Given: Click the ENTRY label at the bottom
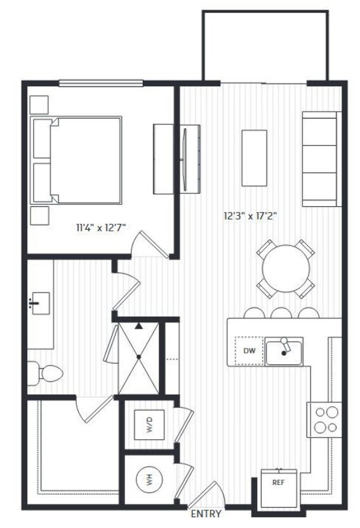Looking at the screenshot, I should [206, 514].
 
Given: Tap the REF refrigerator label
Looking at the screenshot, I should [279, 482].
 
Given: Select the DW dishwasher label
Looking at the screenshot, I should [248, 350].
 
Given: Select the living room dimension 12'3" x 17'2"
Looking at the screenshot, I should [250, 216].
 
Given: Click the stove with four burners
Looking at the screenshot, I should [325, 419].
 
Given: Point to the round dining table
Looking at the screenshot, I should [286, 268].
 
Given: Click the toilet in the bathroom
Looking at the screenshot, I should [43, 372].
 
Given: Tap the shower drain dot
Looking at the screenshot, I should [138, 357].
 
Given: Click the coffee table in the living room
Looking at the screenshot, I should [255, 157].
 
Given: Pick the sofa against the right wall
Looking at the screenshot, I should [319, 159].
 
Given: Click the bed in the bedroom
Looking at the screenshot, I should [77, 160].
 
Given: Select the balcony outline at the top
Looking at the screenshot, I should [265, 44].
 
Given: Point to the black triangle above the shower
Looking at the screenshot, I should [138, 326].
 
